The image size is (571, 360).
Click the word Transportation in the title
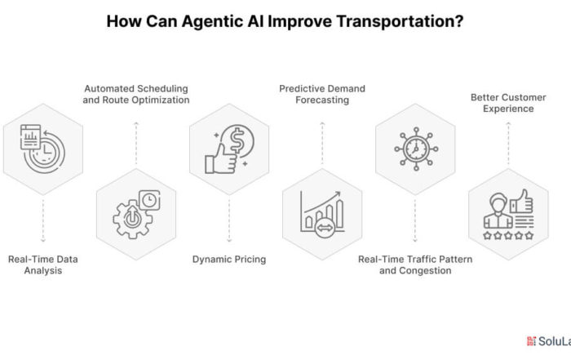coord(400,21)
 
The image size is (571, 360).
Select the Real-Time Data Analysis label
coord(43,265)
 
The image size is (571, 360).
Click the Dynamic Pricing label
coord(229,260)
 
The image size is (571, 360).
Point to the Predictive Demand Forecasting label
coord(322,95)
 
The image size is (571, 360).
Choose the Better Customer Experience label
coord(508,103)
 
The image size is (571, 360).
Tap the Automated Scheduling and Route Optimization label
coord(136,95)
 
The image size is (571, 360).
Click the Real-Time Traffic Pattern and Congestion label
coord(415,265)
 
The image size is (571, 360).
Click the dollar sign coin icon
coord(239,140)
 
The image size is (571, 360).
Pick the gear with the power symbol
coord(133,220)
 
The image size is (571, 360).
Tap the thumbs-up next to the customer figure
coord(521,201)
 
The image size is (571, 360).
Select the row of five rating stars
coord(508,236)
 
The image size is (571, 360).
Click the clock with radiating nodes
coord(416,149)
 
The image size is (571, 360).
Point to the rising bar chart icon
coord(322,214)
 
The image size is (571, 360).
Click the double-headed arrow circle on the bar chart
coord(325,228)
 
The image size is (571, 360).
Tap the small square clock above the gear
coord(149,200)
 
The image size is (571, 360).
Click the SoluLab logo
coord(549,341)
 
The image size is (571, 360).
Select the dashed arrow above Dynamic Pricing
coord(229,220)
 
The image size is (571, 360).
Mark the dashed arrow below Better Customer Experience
coord(508,144)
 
